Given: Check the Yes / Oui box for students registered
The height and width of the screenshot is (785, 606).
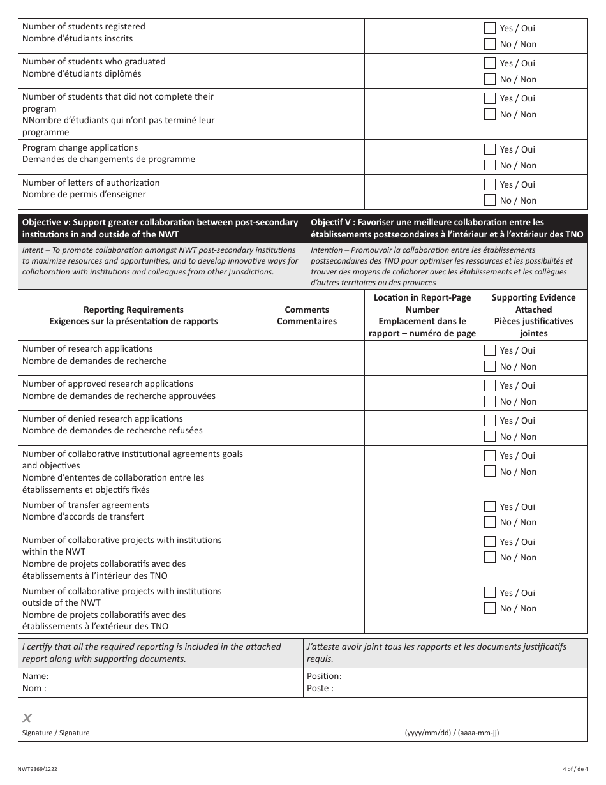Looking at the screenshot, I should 490,28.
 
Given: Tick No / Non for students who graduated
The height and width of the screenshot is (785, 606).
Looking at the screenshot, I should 490,79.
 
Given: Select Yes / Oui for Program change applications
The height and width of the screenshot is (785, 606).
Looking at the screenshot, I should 490,149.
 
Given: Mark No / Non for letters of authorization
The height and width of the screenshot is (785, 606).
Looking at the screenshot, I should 490,200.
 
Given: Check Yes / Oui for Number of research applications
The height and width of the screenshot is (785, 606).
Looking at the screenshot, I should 490,350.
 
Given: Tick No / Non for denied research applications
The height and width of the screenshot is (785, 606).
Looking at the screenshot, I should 490,437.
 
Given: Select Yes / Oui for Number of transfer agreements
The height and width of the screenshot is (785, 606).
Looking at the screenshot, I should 490,507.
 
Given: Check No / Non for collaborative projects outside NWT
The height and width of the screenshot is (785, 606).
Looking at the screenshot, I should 490,608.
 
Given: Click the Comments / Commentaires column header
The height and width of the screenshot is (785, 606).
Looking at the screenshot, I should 306,315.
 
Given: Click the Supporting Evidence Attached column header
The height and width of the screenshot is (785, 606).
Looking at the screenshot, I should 533,315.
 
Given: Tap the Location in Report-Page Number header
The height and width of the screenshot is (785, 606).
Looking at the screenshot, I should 422,315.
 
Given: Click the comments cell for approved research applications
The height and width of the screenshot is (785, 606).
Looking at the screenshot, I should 306,392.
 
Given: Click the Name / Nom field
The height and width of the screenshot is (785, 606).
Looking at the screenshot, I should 159,682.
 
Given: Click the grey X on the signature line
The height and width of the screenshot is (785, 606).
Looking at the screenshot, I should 27,718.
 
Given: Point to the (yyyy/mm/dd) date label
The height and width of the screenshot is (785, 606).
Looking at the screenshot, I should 452,733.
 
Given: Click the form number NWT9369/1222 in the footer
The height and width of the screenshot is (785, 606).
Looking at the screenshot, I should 38,770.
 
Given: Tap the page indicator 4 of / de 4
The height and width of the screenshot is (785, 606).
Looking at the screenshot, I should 575,770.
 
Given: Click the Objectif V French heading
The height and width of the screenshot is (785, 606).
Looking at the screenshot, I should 447,228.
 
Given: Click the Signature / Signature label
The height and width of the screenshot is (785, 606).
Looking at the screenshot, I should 56,733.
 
